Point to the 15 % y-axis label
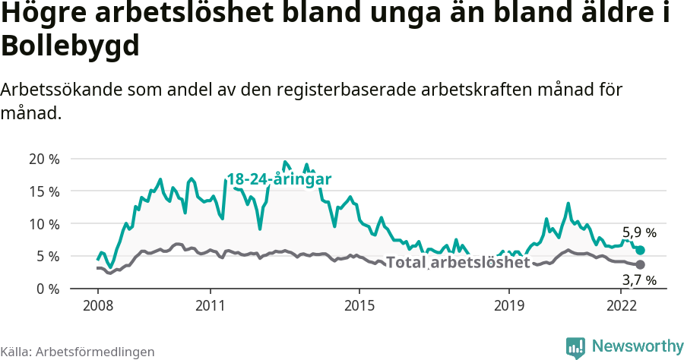click(43, 191)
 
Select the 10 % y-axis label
click(43, 224)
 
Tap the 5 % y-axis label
click(47, 257)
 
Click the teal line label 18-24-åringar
click(279, 180)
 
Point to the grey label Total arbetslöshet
click(458, 263)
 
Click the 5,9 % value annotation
click(639, 233)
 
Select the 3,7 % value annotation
click(639, 281)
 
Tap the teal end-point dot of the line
click(641, 250)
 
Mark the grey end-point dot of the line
click(641, 264)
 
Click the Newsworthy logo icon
click(575, 347)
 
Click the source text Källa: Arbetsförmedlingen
click(78, 352)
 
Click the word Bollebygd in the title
click(70, 46)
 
